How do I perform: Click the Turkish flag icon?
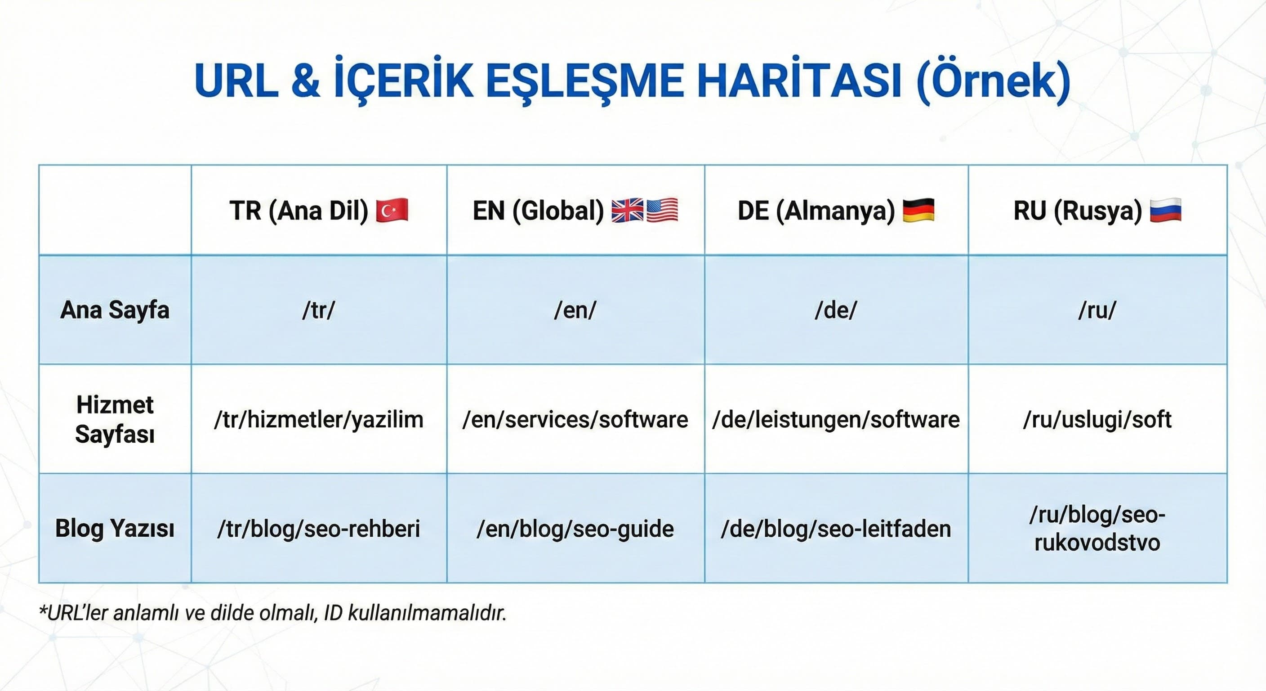[x=392, y=211]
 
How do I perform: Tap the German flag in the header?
[x=918, y=211]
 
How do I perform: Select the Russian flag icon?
[x=1165, y=211]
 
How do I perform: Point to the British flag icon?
[x=627, y=211]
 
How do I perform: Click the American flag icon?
[x=662, y=211]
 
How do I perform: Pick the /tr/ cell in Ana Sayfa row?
[x=318, y=310]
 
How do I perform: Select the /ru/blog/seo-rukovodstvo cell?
[x=1097, y=529]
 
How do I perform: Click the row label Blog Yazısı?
[x=115, y=529]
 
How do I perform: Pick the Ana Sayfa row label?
[x=115, y=310]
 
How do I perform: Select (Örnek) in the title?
[x=993, y=81]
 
